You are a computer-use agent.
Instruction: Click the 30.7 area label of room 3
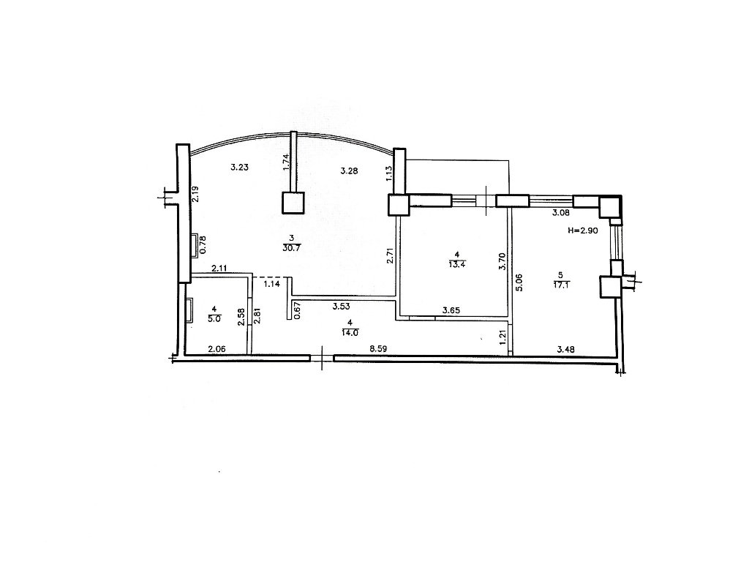tap(291, 249)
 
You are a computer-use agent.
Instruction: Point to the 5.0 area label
tap(214, 319)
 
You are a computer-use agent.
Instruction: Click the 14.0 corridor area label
tap(350, 333)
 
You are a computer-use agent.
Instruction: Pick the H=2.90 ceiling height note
tap(583, 230)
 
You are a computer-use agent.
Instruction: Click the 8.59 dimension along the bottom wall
tap(378, 349)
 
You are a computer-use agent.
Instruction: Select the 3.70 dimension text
tap(502, 261)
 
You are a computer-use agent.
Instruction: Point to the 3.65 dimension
tap(451, 310)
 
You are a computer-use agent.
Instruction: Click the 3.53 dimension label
tap(341, 307)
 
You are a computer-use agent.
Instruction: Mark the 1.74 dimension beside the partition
tap(286, 162)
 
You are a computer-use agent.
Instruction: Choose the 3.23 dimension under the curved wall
tap(239, 168)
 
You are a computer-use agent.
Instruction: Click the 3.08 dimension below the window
tap(561, 213)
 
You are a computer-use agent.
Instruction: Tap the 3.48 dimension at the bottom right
tap(566, 350)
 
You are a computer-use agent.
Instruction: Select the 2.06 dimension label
tap(217, 350)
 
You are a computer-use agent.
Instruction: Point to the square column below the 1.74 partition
tap(293, 202)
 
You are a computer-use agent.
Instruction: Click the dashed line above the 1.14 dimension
tap(272, 277)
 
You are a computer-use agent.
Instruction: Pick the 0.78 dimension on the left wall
tap(203, 244)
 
